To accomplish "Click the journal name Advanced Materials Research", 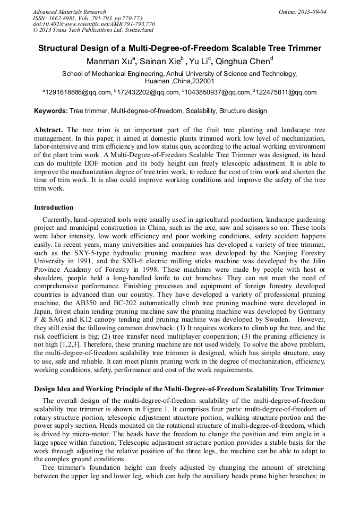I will pos(69,12).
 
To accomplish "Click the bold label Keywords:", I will pos(51,111).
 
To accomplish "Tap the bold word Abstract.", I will pos(48,130).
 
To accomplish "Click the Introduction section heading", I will pos(54,207).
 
